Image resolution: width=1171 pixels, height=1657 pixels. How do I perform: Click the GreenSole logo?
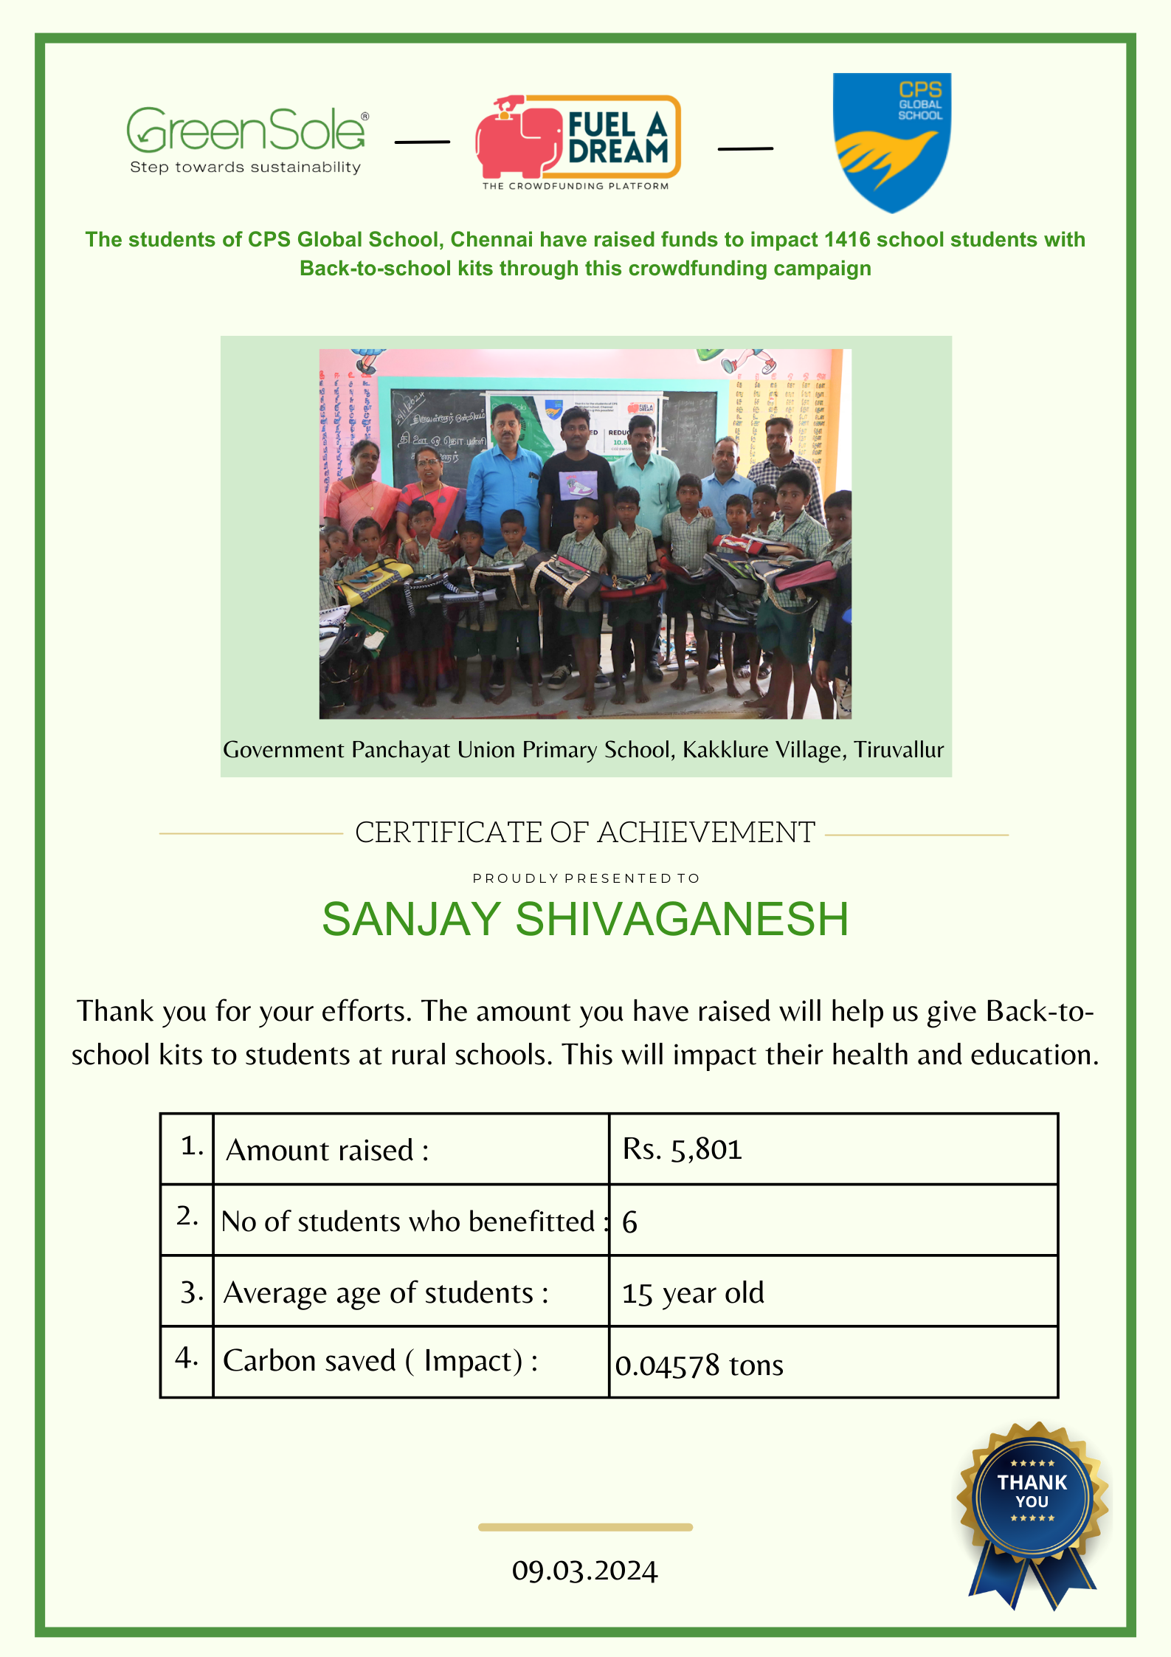246,139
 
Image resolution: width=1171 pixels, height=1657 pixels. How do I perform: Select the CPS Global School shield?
891,142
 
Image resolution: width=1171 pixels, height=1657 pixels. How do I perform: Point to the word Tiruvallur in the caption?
899,750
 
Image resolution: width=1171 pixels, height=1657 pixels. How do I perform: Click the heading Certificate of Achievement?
584,833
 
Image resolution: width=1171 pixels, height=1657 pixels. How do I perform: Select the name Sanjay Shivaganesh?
584,920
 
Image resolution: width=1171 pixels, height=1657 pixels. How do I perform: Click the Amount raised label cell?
410,1149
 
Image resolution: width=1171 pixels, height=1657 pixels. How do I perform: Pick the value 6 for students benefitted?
629,1222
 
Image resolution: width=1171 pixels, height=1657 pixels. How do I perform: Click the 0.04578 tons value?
699,1365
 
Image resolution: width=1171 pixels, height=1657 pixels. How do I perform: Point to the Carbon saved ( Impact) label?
380,1361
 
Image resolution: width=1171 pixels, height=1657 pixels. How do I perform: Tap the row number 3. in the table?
191,1292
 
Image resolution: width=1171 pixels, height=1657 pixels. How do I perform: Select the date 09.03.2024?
584,1571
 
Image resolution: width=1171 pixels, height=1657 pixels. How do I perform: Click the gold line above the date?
584,1527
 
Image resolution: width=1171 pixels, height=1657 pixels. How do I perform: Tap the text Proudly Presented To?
585,878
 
